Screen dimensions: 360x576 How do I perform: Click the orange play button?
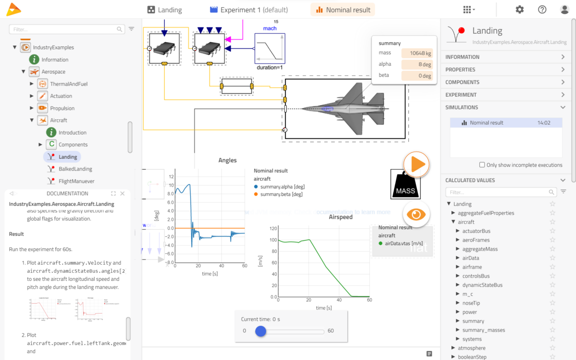click(416, 165)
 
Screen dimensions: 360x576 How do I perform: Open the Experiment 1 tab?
click(249, 10)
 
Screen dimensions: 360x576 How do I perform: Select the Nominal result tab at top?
click(342, 10)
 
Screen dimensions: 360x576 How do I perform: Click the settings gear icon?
click(520, 9)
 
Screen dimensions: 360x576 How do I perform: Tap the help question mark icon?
click(542, 9)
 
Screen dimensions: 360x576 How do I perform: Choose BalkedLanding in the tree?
click(75, 169)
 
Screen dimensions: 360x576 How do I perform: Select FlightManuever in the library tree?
click(76, 181)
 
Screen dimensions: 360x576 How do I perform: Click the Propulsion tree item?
click(62, 108)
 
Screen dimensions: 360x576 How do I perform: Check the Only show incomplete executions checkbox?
click(482, 165)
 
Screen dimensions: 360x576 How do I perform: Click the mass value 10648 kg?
click(417, 53)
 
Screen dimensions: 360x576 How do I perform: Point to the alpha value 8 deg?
click(417, 64)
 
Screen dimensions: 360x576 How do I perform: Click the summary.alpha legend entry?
click(282, 187)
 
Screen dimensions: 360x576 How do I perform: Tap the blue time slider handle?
click(261, 331)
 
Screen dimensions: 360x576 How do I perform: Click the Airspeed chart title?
click(340, 217)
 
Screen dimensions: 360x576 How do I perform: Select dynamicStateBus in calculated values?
click(482, 285)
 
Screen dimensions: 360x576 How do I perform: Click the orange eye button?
click(416, 215)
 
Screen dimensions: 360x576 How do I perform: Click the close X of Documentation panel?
click(122, 193)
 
